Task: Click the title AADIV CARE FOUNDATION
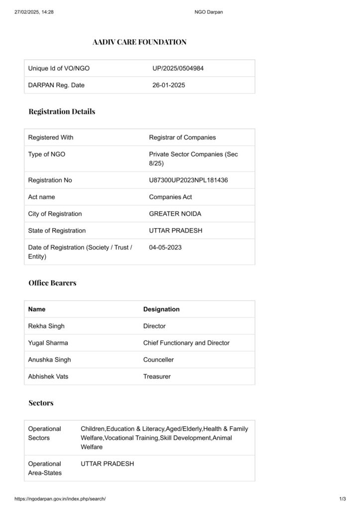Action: [139, 42]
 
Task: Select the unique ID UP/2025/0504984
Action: [178, 68]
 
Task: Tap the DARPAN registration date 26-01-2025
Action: [169, 85]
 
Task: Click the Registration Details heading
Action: [62, 112]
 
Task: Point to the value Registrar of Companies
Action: [182, 137]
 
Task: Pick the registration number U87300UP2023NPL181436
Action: [188, 180]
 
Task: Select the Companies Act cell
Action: [170, 197]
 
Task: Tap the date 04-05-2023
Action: [165, 247]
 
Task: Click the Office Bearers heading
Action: [52, 283]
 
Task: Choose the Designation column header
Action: [161, 309]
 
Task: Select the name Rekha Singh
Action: [46, 326]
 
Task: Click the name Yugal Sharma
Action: [48, 343]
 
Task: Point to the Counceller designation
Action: [158, 360]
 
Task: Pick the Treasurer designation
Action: [157, 377]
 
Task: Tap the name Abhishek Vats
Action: [48, 377]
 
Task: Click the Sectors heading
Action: [41, 403]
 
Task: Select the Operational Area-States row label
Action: [45, 468]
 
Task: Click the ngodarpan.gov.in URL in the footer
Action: [60, 499]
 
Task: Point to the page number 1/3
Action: [342, 499]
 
